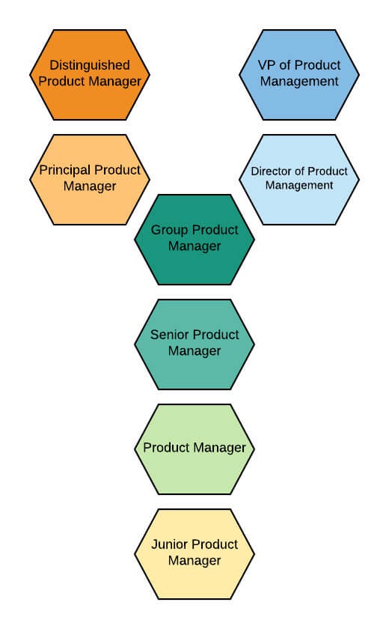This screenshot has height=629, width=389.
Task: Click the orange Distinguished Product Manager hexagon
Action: coord(90,75)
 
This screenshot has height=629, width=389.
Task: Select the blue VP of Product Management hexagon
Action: coord(299,75)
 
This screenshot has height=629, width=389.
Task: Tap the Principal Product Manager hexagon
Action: coord(90,180)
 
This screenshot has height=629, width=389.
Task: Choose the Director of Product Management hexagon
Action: coord(299,180)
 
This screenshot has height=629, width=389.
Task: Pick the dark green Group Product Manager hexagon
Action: coord(194,240)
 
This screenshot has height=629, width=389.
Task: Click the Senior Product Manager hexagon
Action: coord(194,344)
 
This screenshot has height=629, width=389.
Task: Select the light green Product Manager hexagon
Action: coord(194,449)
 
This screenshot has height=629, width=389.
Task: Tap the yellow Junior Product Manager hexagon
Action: coord(194,554)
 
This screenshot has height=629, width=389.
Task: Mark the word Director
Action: coord(272,171)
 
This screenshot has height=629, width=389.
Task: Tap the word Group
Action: coord(169,230)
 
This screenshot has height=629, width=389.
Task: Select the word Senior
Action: coord(170,335)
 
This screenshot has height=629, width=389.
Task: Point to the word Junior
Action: coord(171,544)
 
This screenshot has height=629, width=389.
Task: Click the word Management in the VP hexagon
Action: coord(299,82)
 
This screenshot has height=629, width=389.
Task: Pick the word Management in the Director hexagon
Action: coord(299,185)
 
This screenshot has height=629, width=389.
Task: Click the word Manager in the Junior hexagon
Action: coord(194,561)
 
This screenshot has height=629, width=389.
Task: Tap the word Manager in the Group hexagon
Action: coord(194,246)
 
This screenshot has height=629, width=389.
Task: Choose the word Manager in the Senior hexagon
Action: coord(194,351)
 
